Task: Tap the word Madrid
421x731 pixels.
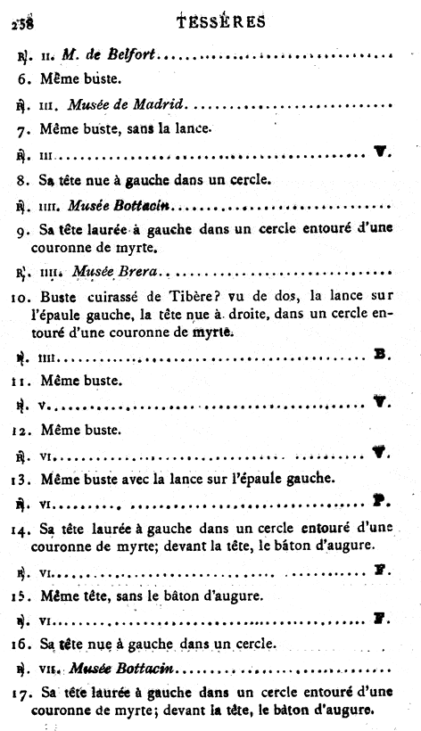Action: pos(161,105)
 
